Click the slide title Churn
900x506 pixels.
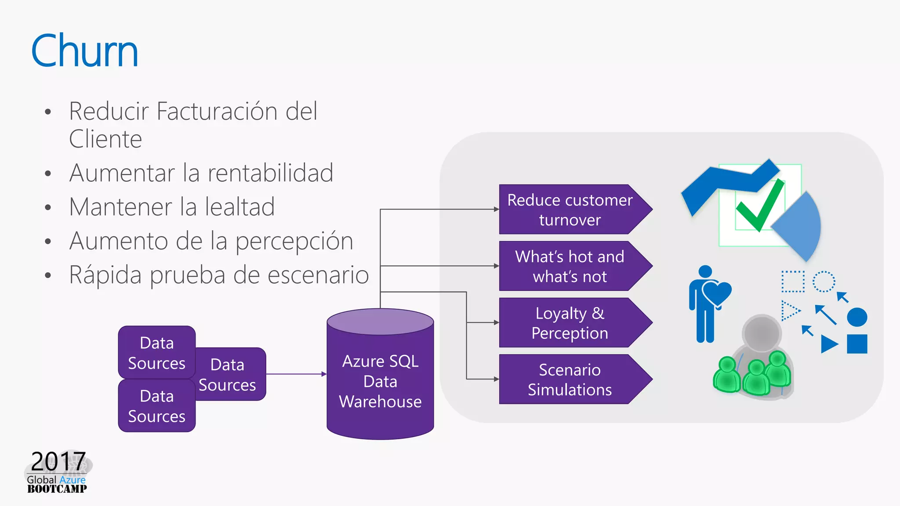[x=84, y=51]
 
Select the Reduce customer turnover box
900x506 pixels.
[x=570, y=210]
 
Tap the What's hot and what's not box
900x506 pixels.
[x=570, y=266]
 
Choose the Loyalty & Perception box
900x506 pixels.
[x=570, y=323]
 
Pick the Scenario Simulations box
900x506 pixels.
[x=570, y=379]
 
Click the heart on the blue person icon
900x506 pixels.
[x=717, y=292]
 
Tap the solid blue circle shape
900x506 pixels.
[x=857, y=317]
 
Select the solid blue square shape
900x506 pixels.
[x=857, y=344]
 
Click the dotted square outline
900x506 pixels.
[x=793, y=282]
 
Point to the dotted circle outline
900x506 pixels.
[x=824, y=282]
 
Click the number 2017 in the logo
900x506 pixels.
[x=58, y=461]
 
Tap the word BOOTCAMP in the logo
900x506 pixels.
[x=57, y=489]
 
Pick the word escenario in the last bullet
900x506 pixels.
[x=318, y=275]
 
